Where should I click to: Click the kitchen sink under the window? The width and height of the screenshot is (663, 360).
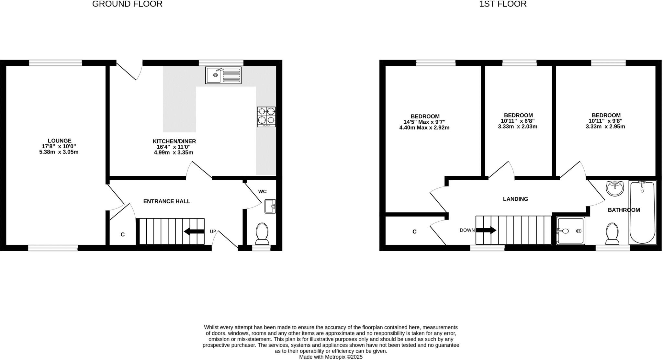coord(223,75)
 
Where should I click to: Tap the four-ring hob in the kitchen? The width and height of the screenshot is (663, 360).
coord(266,117)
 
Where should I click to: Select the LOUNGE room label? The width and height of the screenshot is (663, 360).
coord(60,141)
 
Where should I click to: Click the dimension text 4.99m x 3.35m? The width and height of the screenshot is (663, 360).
coord(174,152)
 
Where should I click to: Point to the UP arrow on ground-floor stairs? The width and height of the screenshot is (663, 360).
coord(194,231)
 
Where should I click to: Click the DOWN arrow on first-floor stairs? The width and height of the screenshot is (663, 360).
coord(486,230)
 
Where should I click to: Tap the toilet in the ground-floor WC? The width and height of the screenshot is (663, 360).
coord(262,233)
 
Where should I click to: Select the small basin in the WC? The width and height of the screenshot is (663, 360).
coord(270,206)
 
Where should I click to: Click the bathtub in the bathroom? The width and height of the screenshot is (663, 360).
coord(642,212)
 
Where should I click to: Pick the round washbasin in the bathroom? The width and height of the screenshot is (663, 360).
coord(614,188)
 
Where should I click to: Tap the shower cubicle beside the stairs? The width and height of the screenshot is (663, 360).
coord(571,231)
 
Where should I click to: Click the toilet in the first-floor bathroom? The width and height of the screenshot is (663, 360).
coord(612,233)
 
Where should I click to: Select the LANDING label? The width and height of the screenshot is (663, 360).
coord(515,199)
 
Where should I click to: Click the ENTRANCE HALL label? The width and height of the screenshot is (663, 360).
coord(167,201)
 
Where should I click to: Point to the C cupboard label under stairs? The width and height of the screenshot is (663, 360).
coord(123,235)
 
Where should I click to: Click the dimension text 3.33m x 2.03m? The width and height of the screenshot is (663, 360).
coord(518,127)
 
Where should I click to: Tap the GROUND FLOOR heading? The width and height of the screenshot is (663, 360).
coord(127,4)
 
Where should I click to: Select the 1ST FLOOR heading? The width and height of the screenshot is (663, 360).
coord(503,4)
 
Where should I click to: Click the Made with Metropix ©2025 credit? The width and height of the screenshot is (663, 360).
coord(331,357)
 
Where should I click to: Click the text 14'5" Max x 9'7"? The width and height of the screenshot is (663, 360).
coord(424,122)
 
